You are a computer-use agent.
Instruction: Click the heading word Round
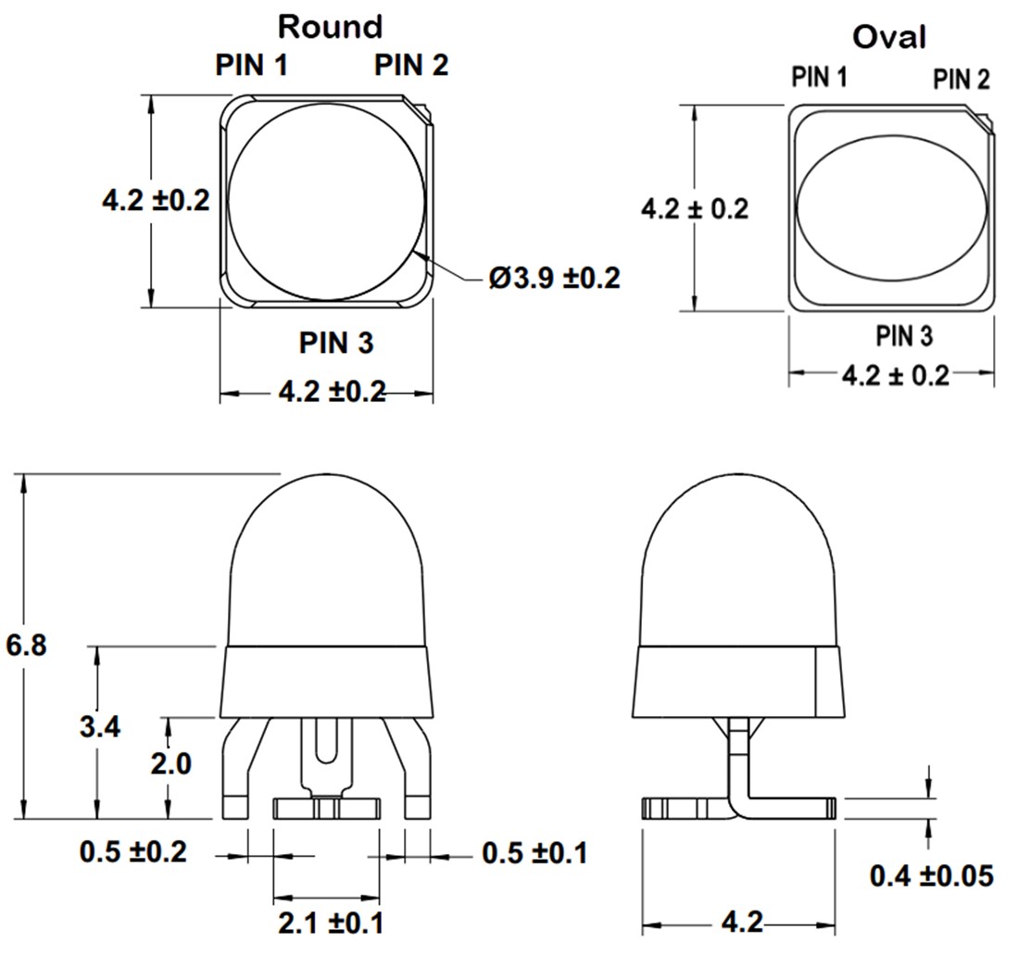tap(330, 27)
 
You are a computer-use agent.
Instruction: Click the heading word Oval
tap(888, 37)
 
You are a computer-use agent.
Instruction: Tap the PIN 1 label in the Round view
tap(251, 65)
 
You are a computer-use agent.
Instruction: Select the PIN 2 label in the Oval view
tap(961, 80)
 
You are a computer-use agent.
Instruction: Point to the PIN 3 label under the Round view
tap(335, 343)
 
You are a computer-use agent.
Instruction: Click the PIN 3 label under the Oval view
tap(903, 335)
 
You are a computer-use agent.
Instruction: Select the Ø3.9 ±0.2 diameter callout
tap(554, 277)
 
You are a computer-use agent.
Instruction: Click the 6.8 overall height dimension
tap(26, 645)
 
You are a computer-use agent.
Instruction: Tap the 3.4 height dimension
tap(99, 726)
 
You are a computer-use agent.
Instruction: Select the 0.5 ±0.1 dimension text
tap(535, 852)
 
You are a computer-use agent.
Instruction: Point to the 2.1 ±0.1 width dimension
tap(331, 923)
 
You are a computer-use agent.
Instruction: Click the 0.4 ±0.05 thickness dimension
tap(931, 874)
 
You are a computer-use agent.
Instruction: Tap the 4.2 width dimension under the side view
tap(740, 923)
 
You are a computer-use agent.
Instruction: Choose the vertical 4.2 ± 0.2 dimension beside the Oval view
tap(694, 208)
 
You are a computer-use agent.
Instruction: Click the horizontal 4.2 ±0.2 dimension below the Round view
tap(332, 392)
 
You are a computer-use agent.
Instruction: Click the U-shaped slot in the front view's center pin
tap(326, 741)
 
